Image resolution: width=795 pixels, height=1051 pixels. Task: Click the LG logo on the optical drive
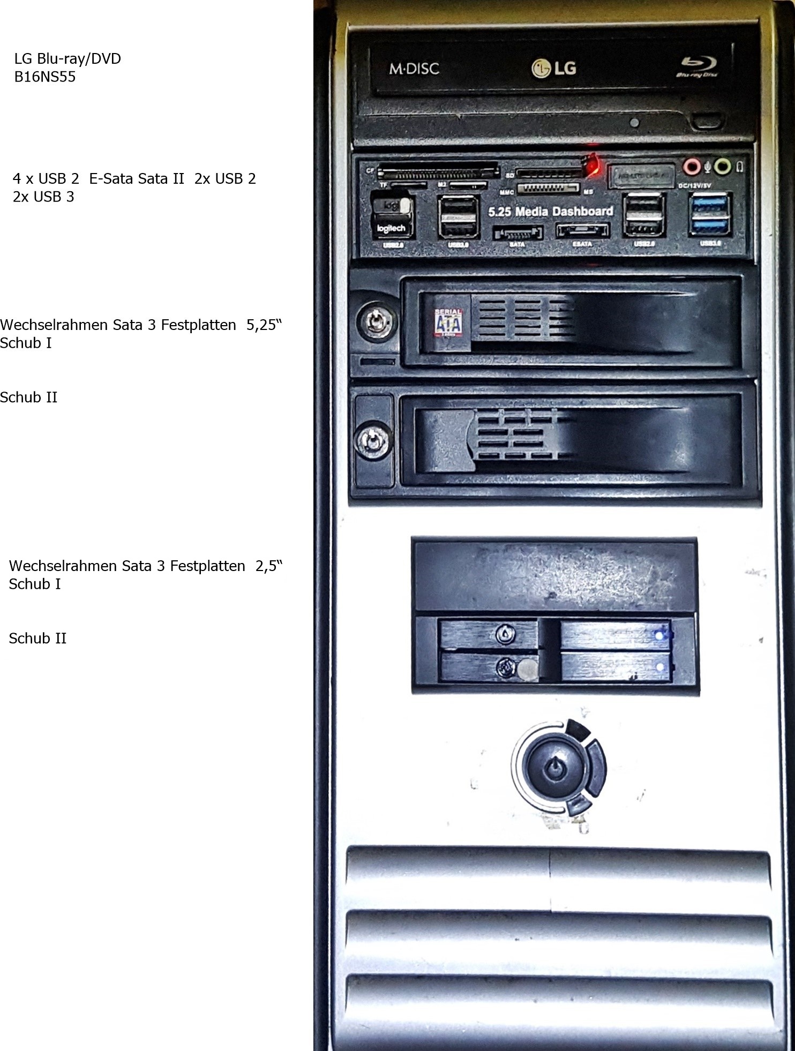(554, 68)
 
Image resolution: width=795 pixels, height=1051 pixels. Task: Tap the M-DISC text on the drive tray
(414, 69)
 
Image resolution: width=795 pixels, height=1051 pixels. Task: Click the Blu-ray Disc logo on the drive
(696, 66)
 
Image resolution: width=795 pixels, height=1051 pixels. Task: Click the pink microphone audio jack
(692, 167)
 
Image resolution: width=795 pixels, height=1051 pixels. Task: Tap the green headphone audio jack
(723, 167)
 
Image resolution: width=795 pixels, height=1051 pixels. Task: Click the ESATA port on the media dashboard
(583, 231)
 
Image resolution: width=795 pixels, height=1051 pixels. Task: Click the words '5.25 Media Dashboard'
(551, 212)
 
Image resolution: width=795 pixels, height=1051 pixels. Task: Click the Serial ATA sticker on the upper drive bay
(448, 323)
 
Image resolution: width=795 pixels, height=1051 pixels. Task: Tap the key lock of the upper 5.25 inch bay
(374, 321)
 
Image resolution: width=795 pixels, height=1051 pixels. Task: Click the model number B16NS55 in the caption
(45, 77)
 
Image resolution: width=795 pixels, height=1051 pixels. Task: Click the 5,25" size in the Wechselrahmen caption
(264, 325)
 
